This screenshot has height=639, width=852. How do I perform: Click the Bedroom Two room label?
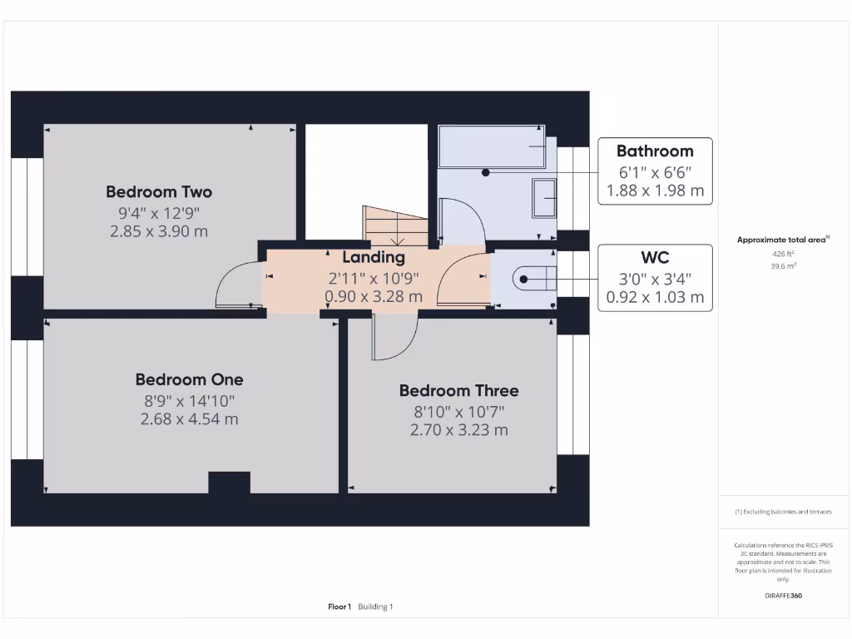click(159, 192)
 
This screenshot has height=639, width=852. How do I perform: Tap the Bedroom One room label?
click(190, 379)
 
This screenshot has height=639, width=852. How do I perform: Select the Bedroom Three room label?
click(458, 390)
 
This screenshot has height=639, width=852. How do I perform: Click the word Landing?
click(374, 258)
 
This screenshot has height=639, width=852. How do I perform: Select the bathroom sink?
click(545, 198)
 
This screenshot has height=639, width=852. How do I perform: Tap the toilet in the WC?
click(532, 278)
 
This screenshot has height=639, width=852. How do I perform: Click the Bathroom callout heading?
click(655, 151)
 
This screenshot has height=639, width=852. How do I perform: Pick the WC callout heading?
click(655, 258)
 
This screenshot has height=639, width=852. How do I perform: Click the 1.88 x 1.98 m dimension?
click(655, 191)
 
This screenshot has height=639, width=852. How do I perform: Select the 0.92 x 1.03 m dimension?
click(655, 297)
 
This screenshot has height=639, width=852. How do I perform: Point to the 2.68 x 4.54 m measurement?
click(190, 419)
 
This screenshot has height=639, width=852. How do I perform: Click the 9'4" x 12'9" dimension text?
click(159, 212)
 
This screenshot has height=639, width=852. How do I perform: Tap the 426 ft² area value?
click(782, 254)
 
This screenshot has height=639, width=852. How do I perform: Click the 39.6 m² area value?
click(782, 266)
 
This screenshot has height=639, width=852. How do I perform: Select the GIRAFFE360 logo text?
click(782, 596)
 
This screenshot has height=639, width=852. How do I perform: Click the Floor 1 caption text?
click(339, 607)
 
